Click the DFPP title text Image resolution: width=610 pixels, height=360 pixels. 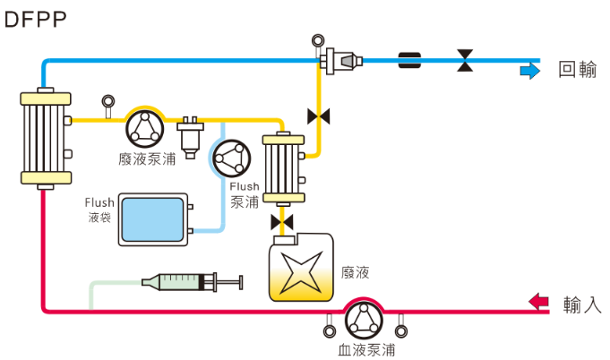(36, 20)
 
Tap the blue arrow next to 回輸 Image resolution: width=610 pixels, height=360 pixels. (530, 70)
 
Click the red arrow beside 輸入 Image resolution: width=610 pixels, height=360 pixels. (539, 302)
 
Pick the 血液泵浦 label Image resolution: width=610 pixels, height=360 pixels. (366, 350)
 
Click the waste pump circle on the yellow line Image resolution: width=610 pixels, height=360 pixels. (144, 127)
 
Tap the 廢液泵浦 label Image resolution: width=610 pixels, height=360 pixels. (146, 159)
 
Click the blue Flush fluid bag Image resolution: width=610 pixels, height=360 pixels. (151, 219)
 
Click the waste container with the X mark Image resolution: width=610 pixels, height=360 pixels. (301, 268)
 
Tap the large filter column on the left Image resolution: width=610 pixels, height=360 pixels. (43, 140)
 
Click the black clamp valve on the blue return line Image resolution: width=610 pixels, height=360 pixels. (465, 61)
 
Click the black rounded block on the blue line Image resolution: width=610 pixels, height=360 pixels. (410, 61)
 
